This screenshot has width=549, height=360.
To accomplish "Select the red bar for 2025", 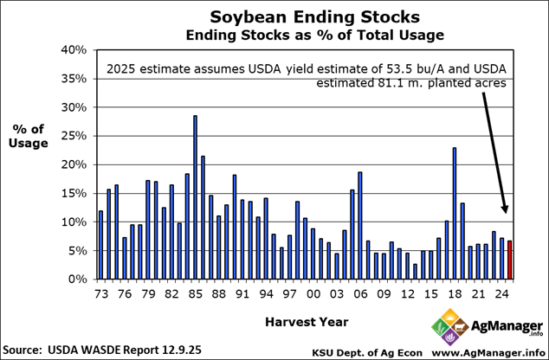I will point(510,260).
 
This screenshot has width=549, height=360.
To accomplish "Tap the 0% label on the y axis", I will point(76,280).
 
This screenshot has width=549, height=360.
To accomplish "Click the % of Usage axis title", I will point(29,136).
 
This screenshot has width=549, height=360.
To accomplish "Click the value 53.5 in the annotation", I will point(378,69).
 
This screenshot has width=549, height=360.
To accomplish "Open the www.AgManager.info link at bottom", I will point(487,352).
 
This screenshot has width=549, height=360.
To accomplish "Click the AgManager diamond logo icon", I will point(446,330).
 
